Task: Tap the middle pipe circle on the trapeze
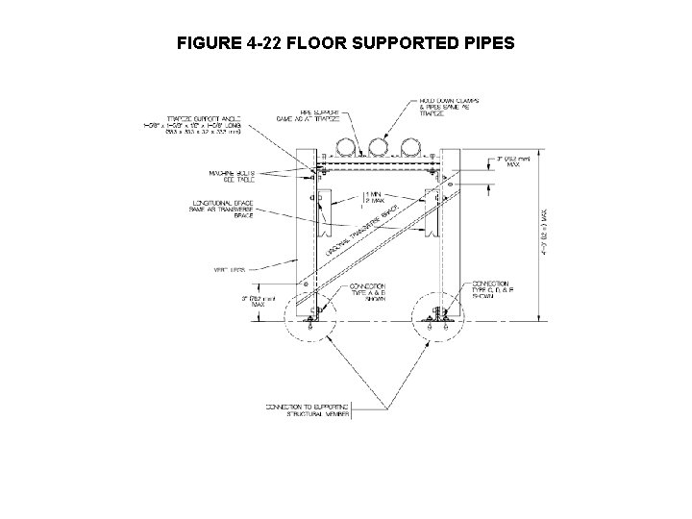coord(376,147)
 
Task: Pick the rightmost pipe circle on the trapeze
coord(410,147)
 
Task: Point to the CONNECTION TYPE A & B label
coord(367,292)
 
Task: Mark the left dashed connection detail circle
coord(309,324)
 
